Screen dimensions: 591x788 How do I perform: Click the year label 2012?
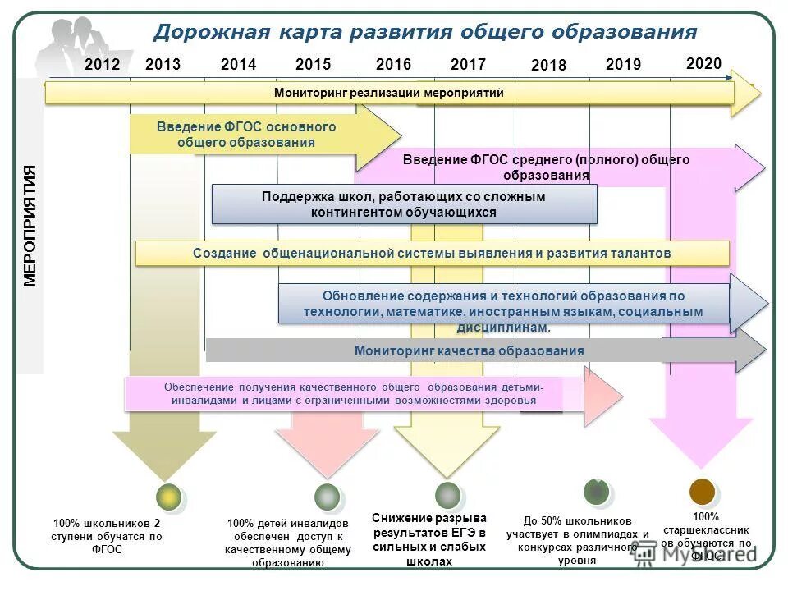tap(103, 65)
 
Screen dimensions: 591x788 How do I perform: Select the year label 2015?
tap(313, 65)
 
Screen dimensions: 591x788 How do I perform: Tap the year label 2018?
tap(548, 66)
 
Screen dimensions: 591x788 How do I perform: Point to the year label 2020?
tap(703, 64)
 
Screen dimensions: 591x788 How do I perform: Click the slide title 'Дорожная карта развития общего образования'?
tap(425, 32)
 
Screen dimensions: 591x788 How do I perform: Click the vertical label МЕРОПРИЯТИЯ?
tap(30, 226)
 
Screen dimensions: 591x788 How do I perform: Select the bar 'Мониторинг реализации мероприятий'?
tap(389, 93)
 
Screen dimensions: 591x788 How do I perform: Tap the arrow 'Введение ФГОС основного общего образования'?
tap(246, 135)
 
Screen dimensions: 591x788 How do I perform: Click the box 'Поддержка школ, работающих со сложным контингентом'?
tap(404, 204)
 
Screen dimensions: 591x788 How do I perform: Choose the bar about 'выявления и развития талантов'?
tap(432, 254)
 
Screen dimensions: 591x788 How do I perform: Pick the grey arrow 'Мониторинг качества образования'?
tap(469, 351)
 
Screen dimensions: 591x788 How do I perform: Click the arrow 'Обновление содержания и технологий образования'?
tap(503, 304)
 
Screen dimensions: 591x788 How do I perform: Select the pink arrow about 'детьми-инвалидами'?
tap(354, 394)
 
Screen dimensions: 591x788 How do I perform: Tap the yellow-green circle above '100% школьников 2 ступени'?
tap(169, 497)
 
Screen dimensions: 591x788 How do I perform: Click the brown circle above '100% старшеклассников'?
tap(702, 492)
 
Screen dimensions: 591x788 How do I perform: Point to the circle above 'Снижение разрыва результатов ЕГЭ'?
tap(447, 494)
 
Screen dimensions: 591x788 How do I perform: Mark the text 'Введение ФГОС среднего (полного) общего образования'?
tap(546, 167)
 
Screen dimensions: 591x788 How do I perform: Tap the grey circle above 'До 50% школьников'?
tap(597, 491)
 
